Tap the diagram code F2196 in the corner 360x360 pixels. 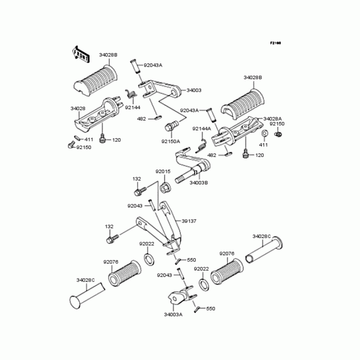point(275,43)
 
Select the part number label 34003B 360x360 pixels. point(199,183)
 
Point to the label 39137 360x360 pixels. point(189,221)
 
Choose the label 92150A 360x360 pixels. point(171,141)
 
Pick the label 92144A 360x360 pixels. point(201,129)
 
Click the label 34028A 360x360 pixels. point(273,118)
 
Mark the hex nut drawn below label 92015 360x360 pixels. point(164,186)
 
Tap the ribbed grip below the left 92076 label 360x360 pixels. point(124,273)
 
